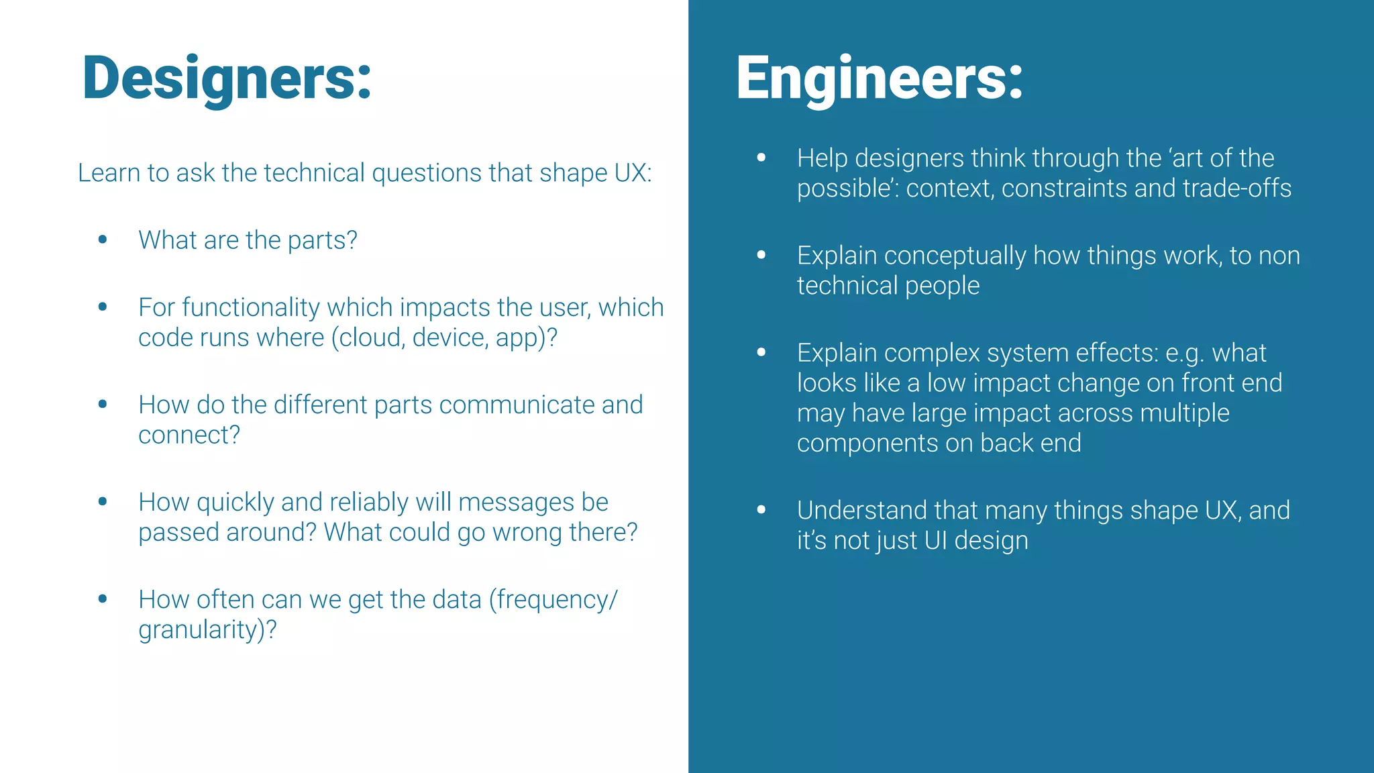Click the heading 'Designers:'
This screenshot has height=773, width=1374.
tap(227, 79)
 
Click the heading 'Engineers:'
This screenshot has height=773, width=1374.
tap(879, 79)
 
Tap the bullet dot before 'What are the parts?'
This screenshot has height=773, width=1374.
tap(103, 240)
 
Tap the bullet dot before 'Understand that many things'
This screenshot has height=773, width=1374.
tap(761, 510)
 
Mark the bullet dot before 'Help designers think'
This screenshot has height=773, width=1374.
tap(761, 158)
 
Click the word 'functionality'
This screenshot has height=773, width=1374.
tap(251, 307)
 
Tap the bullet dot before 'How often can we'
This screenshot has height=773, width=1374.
tap(103, 599)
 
